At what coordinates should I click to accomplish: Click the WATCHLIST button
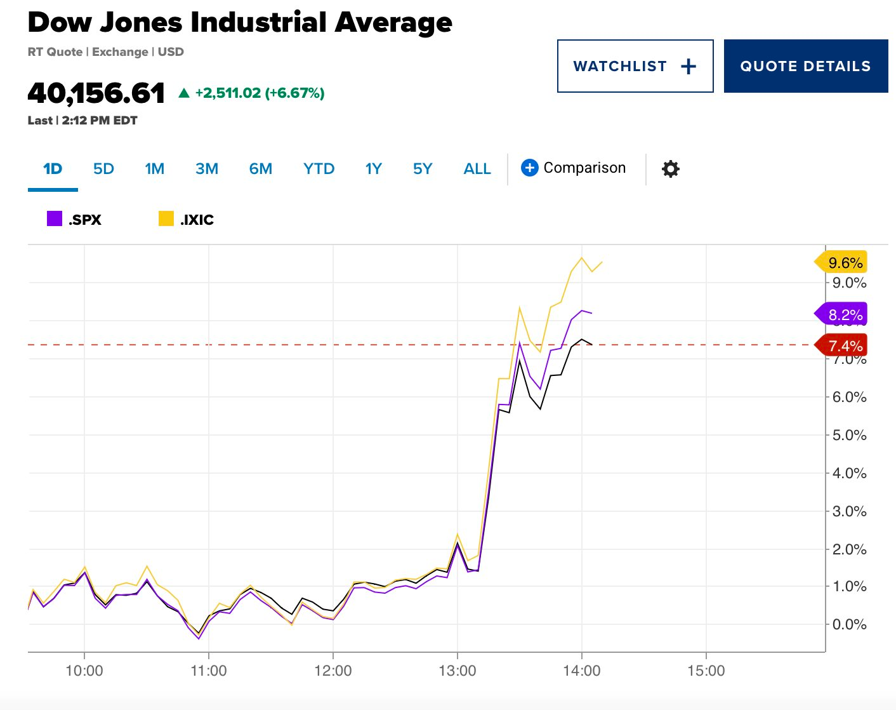[635, 66]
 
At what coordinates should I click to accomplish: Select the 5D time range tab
[103, 169]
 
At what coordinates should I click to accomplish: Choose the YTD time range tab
[319, 169]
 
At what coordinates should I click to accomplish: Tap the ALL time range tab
[477, 169]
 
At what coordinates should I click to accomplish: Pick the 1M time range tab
[154, 169]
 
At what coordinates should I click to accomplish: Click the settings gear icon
[670, 169]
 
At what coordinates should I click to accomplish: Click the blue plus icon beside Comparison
[530, 168]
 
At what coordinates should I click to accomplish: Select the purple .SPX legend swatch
[55, 219]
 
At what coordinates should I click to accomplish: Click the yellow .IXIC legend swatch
[166, 219]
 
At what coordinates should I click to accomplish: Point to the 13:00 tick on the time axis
[457, 671]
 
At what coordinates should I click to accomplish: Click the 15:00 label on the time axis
[706, 671]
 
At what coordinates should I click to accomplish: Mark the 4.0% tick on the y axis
[849, 473]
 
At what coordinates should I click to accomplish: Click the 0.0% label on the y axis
[849, 624]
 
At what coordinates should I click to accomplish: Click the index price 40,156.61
[96, 93]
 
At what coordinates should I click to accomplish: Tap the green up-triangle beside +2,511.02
[184, 93]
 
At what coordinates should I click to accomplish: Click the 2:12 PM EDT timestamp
[100, 121]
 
